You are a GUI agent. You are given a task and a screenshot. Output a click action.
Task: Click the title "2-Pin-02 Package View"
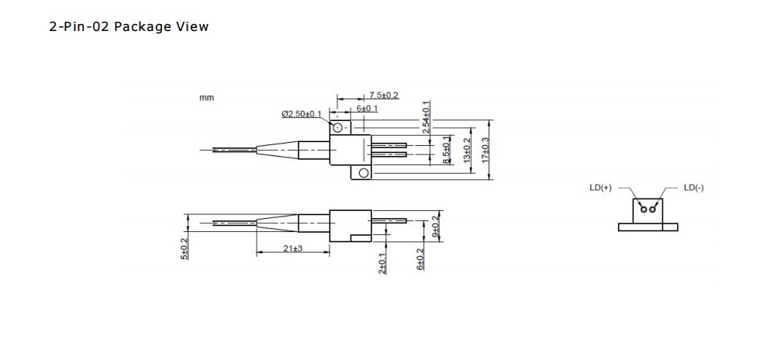(x=129, y=26)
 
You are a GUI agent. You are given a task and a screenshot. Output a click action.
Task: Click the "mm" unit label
(x=207, y=98)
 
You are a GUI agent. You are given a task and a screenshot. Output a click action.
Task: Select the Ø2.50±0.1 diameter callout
(x=302, y=114)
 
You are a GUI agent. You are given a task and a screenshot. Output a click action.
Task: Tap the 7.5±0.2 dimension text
(x=384, y=95)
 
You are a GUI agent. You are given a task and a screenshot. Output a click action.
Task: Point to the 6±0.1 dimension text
(x=368, y=109)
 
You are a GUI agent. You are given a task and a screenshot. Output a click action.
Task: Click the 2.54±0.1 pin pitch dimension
(x=426, y=117)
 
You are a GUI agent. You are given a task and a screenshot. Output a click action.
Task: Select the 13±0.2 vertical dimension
(x=467, y=150)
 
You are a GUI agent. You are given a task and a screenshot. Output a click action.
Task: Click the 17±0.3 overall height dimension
(x=485, y=150)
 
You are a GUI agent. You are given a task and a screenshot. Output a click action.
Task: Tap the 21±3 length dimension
(x=292, y=248)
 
